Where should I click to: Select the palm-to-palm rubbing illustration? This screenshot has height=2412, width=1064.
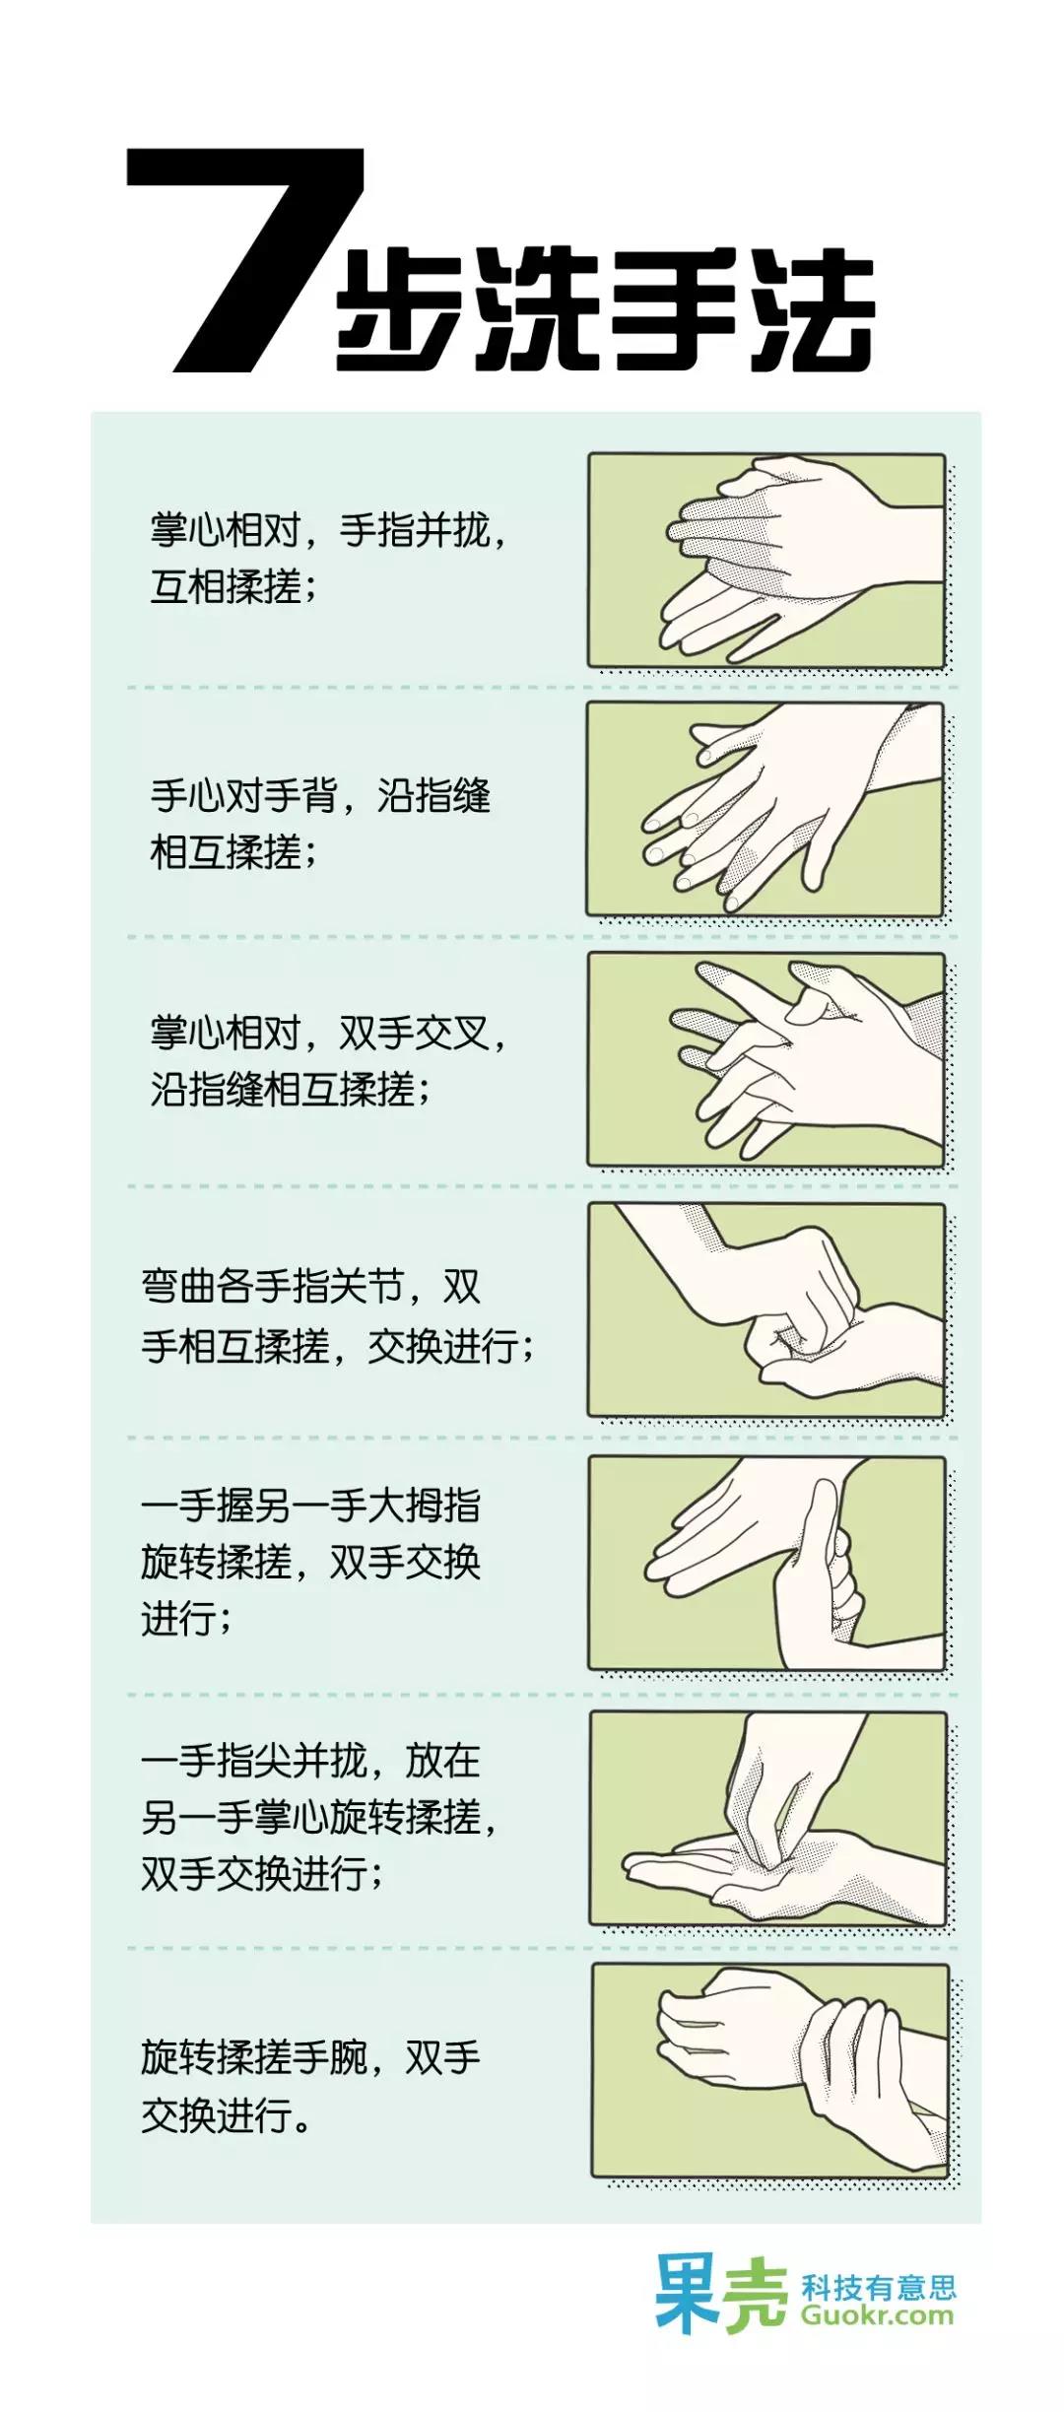[766, 560]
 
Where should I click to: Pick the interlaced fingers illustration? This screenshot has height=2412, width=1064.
[765, 1059]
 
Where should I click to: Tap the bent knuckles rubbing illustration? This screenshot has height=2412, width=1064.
[765, 1309]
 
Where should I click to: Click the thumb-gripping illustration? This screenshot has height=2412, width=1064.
[766, 1564]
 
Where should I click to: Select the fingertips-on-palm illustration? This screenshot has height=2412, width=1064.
[767, 1818]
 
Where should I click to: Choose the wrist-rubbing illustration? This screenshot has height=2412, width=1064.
[769, 2070]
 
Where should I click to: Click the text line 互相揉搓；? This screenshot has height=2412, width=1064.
[233, 587]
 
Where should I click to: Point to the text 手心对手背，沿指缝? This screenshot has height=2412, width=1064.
[320, 795]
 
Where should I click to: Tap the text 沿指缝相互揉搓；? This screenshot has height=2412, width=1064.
[290, 1090]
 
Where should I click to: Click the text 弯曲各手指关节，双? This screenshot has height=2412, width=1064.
[310, 1287]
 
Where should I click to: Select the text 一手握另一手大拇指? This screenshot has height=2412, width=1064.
[310, 1506]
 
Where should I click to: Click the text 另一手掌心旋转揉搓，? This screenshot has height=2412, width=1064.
[319, 1817]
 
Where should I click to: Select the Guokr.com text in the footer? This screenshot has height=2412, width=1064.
[877, 2315]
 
